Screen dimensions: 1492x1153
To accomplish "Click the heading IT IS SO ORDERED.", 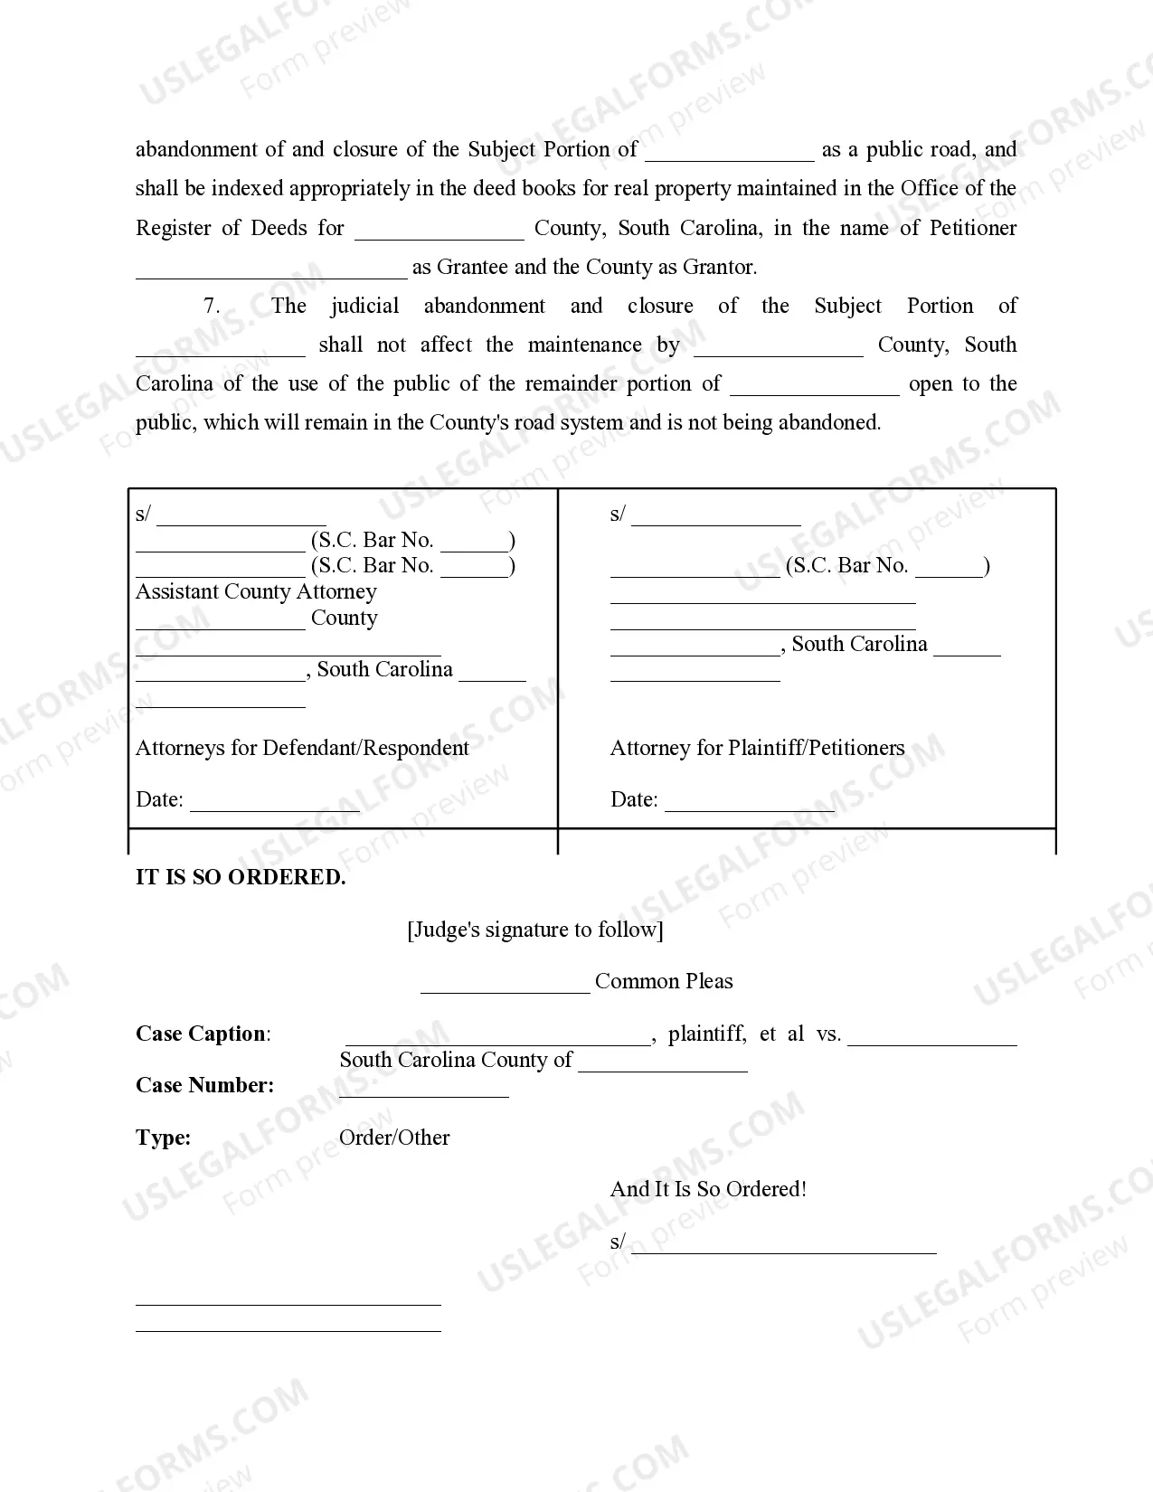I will (241, 877).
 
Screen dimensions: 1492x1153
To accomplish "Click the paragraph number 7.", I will (212, 306).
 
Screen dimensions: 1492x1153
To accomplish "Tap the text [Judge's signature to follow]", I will (535, 930).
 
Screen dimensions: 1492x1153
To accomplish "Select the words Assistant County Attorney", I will (256, 591).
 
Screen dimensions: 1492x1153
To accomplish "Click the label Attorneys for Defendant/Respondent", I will (302, 748).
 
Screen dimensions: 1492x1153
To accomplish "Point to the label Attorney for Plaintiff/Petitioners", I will (757, 748).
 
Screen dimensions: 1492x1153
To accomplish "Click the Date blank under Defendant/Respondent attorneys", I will (275, 803).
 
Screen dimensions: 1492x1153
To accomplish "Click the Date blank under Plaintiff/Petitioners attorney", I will (750, 803).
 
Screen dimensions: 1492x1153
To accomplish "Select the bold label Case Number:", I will (204, 1085).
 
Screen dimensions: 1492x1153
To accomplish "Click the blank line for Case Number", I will (423, 1089).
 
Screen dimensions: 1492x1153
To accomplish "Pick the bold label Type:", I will (164, 1138).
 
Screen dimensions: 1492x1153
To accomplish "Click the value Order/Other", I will (394, 1138).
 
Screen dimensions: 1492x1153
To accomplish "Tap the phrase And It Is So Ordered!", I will (708, 1189).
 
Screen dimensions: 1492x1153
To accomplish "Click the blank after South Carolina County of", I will (663, 1063).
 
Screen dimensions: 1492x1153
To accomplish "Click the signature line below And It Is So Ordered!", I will (783, 1245).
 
